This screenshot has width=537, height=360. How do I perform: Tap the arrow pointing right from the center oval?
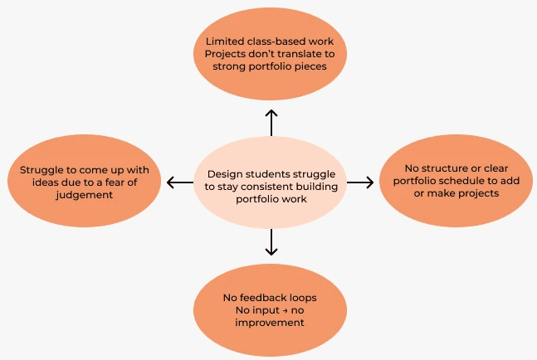click(360, 182)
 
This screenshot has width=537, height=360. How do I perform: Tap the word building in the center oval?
click(312, 187)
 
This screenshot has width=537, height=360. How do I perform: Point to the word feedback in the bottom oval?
click(266, 296)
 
